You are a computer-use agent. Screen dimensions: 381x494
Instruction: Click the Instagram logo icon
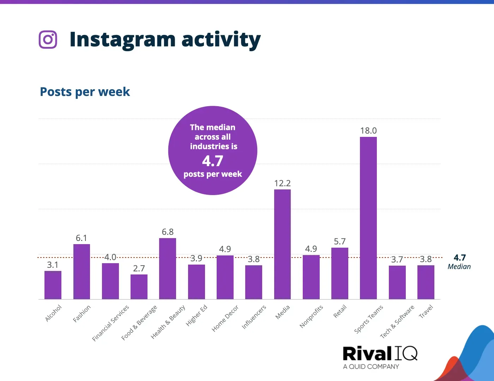48,40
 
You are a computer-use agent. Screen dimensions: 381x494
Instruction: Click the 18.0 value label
368,131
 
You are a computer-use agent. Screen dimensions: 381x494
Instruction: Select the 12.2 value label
282,183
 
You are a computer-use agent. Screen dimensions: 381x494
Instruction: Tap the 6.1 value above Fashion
81,238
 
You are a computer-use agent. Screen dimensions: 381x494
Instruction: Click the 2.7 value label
139,268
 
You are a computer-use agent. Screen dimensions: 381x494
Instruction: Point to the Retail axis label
340,312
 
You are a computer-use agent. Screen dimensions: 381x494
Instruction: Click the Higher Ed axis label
197,315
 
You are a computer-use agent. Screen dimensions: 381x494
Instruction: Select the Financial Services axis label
110,323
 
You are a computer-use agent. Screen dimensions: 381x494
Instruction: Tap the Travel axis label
426,312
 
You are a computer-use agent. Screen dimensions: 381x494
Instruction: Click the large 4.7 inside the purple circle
212,161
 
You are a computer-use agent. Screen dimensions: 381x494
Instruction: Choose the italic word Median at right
459,267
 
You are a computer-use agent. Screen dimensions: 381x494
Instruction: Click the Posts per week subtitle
85,92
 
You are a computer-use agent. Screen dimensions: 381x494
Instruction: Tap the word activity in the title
221,40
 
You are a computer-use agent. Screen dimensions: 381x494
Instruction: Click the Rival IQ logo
380,353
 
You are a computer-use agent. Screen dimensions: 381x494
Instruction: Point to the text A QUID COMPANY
371,367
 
